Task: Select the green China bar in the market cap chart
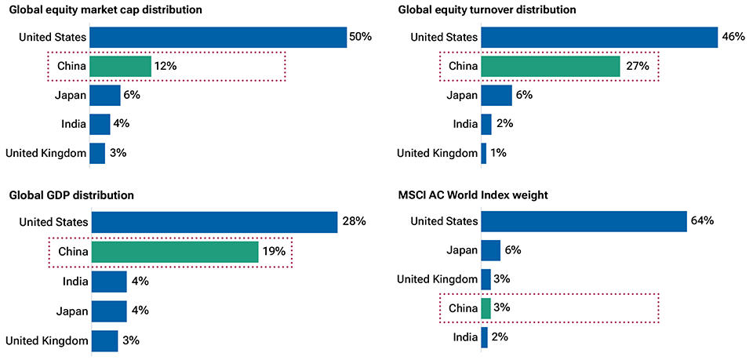coord(120,67)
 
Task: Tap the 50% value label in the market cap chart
coord(361,38)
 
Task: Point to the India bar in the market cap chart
coord(100,124)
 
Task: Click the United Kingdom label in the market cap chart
coord(45,153)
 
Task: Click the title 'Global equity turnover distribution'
coord(486,10)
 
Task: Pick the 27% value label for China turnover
coord(638,67)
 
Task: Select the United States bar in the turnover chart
coord(599,38)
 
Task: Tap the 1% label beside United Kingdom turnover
coord(498,153)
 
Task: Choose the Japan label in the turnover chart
coord(462,95)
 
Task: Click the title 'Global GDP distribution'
coord(71,195)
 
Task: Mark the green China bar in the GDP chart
coord(175,252)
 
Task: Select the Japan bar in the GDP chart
coord(109,311)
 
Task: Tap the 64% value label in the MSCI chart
coord(702,221)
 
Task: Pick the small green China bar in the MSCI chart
coord(486,308)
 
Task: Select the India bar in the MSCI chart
coord(484,337)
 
